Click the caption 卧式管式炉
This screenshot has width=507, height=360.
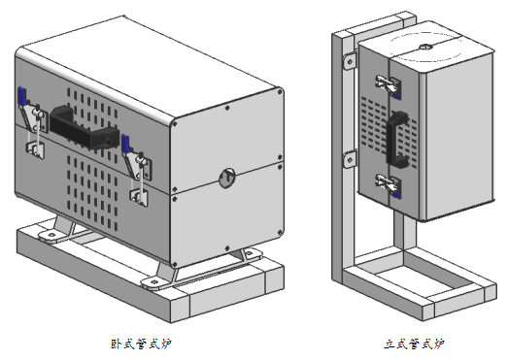pos(141,344)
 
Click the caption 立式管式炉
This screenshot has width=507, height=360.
pos(414,344)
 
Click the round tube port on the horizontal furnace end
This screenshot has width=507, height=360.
pos(227,178)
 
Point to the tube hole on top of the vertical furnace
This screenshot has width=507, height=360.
pos(426,47)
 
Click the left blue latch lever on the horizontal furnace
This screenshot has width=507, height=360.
pos(22,96)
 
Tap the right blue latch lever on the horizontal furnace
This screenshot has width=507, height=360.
pos(125,144)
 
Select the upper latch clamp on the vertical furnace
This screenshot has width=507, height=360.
pos(389,86)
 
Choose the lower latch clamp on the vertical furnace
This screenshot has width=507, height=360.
pos(389,185)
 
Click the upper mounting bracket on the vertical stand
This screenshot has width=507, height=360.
pos(350,61)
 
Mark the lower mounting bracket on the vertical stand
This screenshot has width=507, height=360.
pos(350,160)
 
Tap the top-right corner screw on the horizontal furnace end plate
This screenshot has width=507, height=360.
pos(280,92)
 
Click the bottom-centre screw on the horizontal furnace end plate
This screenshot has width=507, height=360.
pos(227,248)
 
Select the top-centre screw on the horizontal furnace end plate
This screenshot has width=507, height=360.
pos(227,108)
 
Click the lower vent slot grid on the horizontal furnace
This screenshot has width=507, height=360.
pos(92,193)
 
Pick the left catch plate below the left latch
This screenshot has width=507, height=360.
pos(35,150)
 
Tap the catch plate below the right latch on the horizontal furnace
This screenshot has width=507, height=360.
pos(139,197)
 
